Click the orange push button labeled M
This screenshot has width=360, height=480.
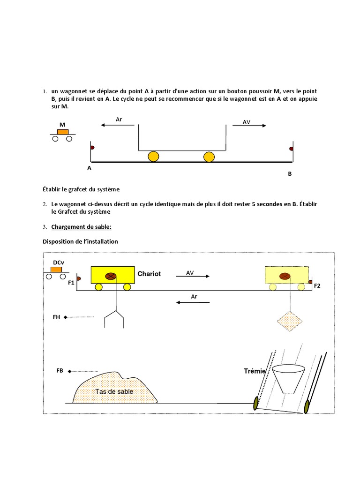coord(62,132)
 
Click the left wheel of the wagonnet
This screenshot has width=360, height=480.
coord(153,157)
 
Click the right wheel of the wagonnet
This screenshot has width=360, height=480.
coord(209,157)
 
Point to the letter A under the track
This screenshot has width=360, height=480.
coord(89,168)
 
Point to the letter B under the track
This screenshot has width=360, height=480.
coord(290,173)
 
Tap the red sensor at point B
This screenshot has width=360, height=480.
coord(291,149)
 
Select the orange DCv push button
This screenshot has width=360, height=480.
coord(57,270)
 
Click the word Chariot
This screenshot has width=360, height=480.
coord(149,273)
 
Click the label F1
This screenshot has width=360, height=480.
coord(71,283)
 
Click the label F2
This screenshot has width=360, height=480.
coord(317,285)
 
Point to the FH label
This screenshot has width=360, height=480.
coord(57,317)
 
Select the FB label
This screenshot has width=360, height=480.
coord(60,371)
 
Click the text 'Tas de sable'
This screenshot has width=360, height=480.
coord(114,391)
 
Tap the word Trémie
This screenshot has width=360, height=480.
coord(255,371)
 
